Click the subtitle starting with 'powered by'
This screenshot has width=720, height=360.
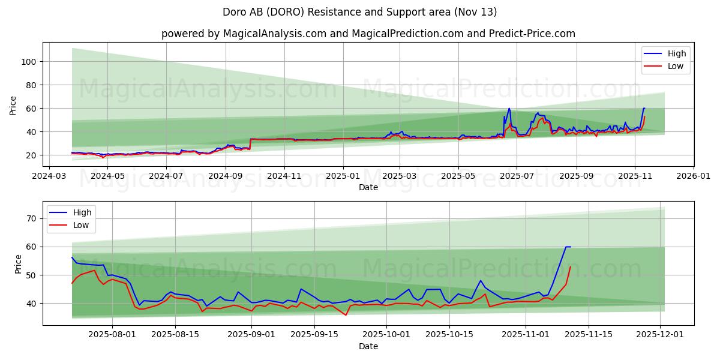coord(368,34)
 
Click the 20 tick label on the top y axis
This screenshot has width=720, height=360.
coord(32,155)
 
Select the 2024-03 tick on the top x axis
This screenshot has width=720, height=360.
coord(50,176)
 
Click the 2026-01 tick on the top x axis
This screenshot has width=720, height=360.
coord(693,176)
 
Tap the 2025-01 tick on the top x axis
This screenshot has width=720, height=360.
coord(343,176)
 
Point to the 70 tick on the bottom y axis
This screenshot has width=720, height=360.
coord(32,218)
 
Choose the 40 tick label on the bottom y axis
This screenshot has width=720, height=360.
coord(32,304)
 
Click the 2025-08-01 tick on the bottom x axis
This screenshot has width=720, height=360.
coord(112,335)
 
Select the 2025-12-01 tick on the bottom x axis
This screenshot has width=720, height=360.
coord(661,335)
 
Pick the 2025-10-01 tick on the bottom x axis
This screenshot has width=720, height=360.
coord(387,335)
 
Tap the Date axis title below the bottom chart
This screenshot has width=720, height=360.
coord(368,346)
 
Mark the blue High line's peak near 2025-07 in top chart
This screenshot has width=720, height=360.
coord(509,109)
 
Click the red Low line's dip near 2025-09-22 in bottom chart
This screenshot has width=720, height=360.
coord(346,315)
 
